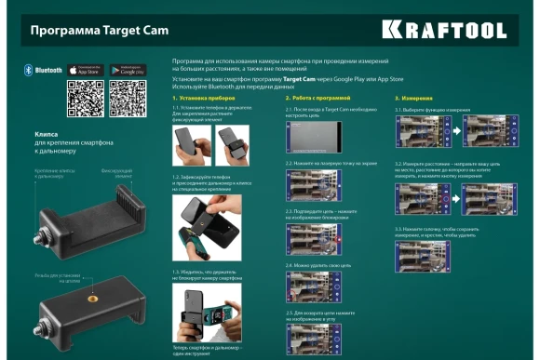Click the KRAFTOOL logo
(456, 30)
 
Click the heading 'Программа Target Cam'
(87, 30)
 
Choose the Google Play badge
(128, 70)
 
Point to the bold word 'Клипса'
(47, 135)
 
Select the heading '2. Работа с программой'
(318, 97)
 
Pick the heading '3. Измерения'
(413, 97)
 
